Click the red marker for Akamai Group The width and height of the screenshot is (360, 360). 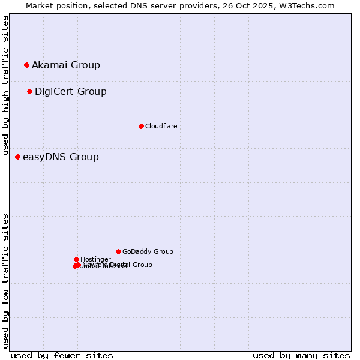click(x=26, y=65)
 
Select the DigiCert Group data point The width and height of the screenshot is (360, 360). click(x=29, y=91)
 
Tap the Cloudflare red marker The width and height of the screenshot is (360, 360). click(x=141, y=126)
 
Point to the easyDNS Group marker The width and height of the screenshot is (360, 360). click(x=17, y=157)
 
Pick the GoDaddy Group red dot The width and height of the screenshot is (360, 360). click(x=118, y=251)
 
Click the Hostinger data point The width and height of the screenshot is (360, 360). click(x=76, y=259)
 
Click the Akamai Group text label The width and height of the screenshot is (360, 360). click(x=66, y=65)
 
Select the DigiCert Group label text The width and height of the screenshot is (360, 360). click(x=71, y=91)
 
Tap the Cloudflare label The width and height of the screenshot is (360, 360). click(x=161, y=126)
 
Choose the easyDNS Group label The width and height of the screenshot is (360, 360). click(x=61, y=157)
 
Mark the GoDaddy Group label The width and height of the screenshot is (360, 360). click(x=148, y=251)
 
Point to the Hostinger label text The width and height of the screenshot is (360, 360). click(x=95, y=259)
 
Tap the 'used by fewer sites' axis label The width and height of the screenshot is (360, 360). click(x=62, y=355)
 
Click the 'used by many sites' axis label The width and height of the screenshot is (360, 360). click(x=301, y=355)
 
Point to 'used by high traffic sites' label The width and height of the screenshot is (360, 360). click(x=5, y=86)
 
